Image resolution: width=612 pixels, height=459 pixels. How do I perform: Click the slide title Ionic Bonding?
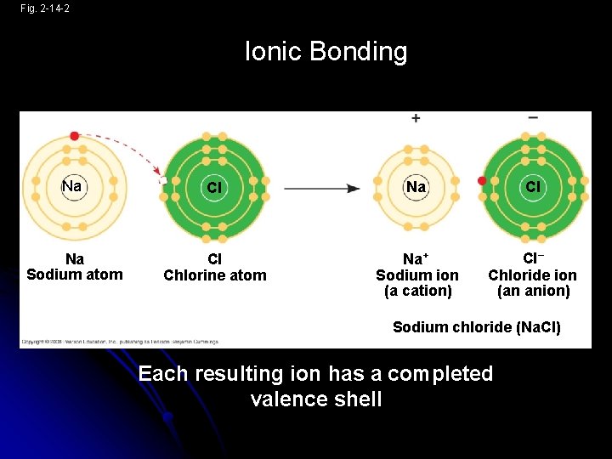[x=326, y=52]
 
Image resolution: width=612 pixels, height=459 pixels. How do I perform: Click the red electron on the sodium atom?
[x=75, y=136]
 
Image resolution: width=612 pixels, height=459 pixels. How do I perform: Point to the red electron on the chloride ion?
[x=482, y=181]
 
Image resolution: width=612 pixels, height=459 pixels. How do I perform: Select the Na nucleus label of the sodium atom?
[x=72, y=186]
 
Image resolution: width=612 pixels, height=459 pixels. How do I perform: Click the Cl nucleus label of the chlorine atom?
[x=214, y=187]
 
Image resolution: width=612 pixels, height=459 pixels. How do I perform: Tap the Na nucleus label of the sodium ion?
[x=416, y=186]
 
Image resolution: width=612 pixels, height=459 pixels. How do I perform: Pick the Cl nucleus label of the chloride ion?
[x=532, y=186]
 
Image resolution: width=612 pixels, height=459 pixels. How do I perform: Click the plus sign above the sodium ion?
[x=416, y=118]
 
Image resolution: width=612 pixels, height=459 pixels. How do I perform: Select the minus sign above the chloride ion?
[x=533, y=117]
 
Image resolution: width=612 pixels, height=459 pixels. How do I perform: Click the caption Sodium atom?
[x=75, y=275]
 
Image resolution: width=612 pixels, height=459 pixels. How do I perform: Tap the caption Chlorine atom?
[x=214, y=275]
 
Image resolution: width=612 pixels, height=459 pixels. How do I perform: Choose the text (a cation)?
[x=417, y=291]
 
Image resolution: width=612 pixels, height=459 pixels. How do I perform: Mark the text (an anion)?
[x=533, y=291]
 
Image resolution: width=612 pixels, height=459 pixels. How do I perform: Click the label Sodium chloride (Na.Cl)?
[x=476, y=327]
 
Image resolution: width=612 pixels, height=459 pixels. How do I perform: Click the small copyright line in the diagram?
[x=119, y=342]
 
